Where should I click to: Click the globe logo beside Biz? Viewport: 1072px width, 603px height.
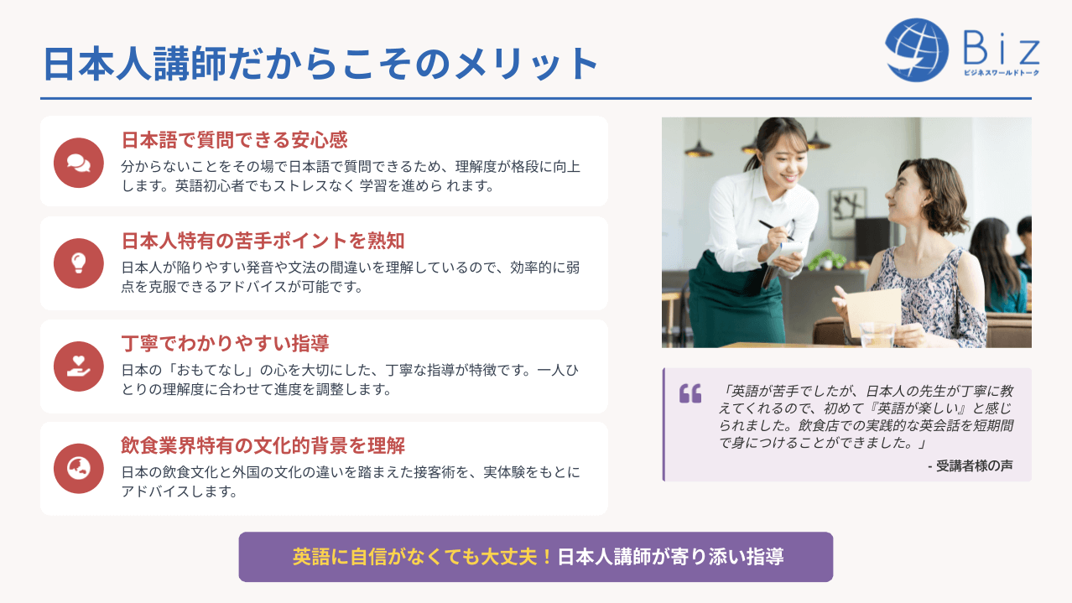pos(917,49)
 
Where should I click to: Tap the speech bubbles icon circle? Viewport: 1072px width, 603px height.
pos(79,163)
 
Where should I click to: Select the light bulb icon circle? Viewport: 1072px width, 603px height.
pos(79,263)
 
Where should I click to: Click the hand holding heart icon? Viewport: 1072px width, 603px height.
pos(79,366)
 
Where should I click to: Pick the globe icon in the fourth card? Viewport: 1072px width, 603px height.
pos(79,469)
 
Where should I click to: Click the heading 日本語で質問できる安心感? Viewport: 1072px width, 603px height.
pos(235,140)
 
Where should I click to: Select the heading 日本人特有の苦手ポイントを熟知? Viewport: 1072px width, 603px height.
pos(263,241)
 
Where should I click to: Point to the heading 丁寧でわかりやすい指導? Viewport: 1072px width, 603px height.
pos(225,343)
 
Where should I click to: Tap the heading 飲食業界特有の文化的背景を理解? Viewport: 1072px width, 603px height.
pos(263,445)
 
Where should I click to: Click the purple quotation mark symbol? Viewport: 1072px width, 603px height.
pos(690,393)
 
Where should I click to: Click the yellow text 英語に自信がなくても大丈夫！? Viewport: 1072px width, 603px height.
pos(423,557)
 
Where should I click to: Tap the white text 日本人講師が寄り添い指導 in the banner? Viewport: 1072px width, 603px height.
pos(671,557)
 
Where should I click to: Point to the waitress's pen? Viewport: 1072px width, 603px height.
pos(776,231)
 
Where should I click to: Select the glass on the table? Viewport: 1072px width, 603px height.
pos(877,335)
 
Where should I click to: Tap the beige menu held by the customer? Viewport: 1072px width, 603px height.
pos(873,311)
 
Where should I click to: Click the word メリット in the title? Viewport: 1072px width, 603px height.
pos(527,64)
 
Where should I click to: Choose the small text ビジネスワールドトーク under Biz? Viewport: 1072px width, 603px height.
pos(1002,73)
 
